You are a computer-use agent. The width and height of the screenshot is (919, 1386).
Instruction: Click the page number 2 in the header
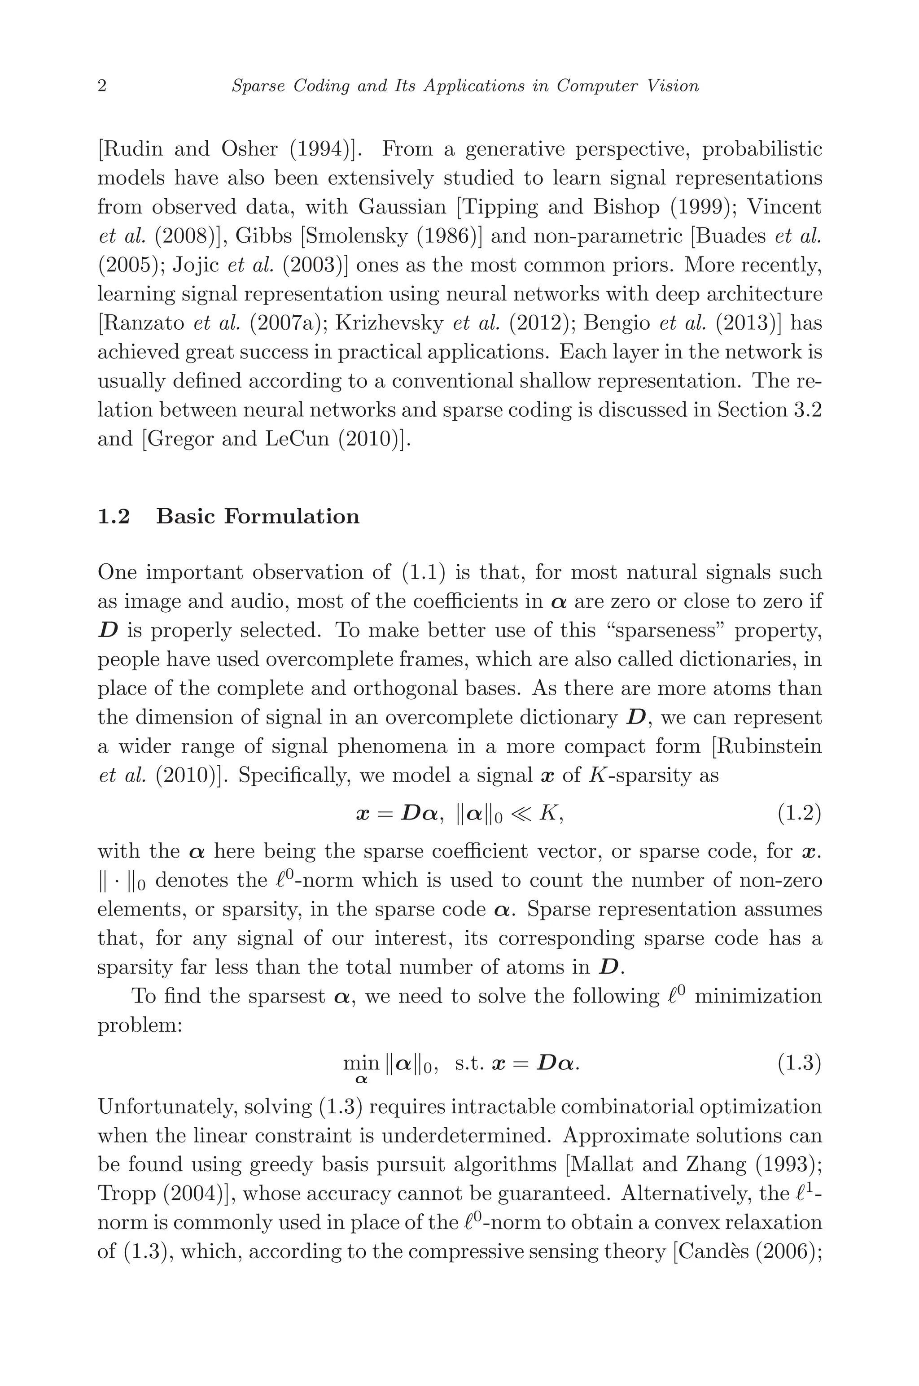[x=102, y=87]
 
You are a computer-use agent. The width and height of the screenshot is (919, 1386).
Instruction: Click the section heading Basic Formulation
[x=258, y=517]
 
